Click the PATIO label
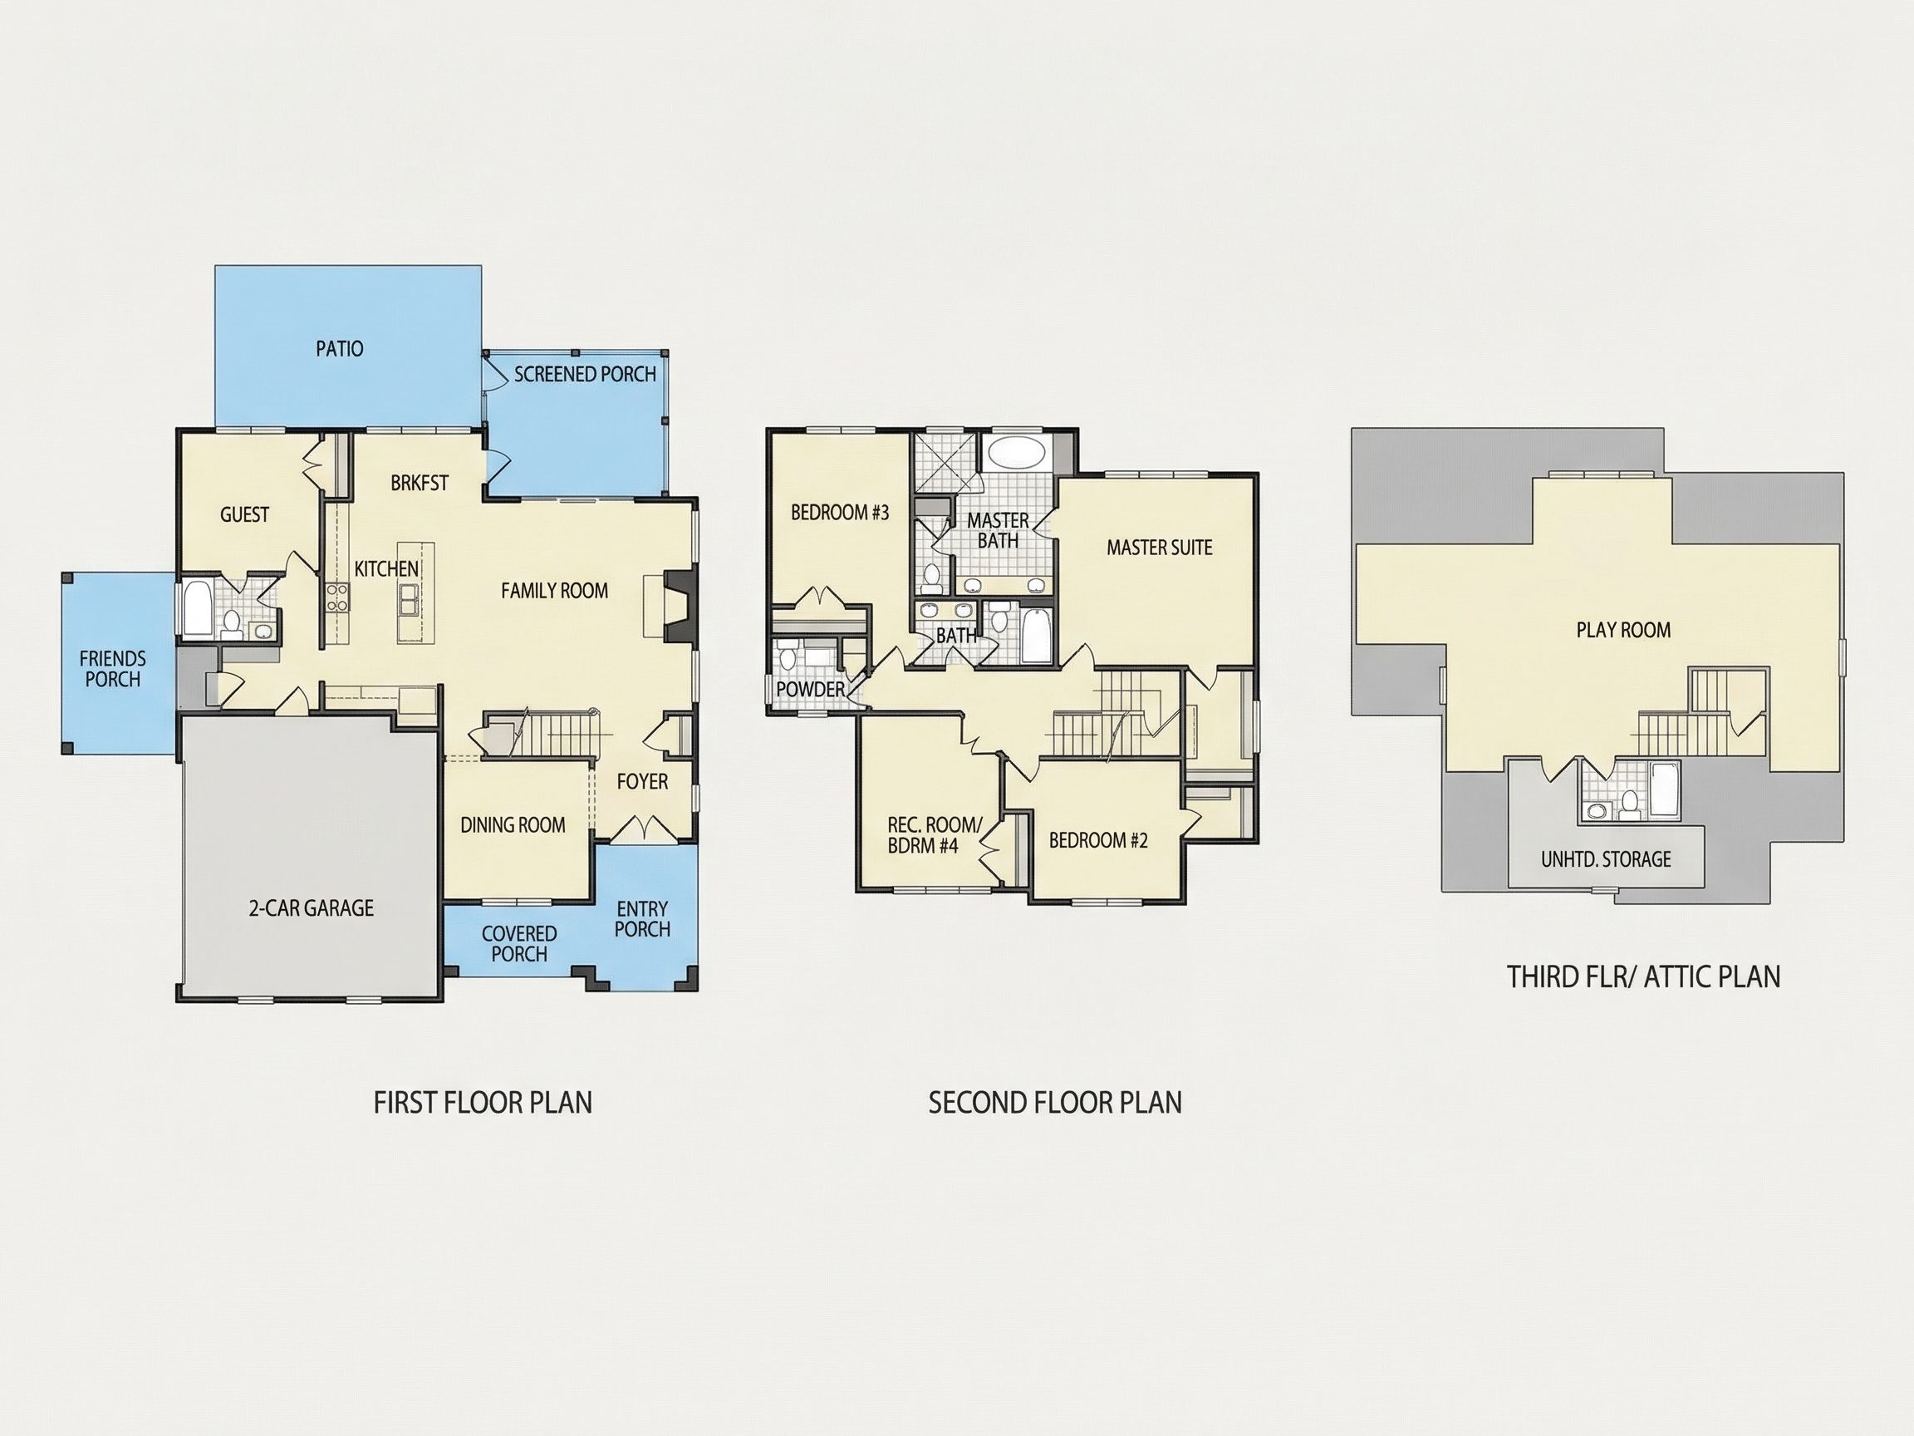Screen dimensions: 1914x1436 339,349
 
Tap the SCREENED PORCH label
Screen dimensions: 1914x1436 585,374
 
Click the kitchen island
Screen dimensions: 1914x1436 415,592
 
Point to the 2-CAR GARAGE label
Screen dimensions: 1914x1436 312,908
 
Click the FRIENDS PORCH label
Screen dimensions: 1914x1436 112,669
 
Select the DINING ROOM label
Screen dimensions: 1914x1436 513,825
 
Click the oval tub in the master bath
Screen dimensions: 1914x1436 1017,453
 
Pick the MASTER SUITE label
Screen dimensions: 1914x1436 1160,547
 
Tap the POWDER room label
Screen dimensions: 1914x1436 810,689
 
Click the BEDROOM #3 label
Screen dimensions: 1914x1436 839,513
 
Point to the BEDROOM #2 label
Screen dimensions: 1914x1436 1098,839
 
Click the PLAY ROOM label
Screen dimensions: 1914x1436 1623,630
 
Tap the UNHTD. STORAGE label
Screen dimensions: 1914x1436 1606,859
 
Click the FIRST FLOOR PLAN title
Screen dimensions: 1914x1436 483,1103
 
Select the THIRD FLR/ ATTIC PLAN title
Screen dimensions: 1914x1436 1644,976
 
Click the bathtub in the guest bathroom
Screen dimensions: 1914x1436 196,608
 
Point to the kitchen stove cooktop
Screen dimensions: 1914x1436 336,598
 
